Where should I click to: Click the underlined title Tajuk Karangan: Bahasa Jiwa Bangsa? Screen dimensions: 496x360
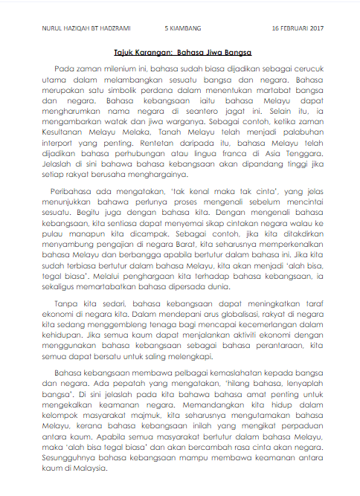(x=183, y=53)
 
